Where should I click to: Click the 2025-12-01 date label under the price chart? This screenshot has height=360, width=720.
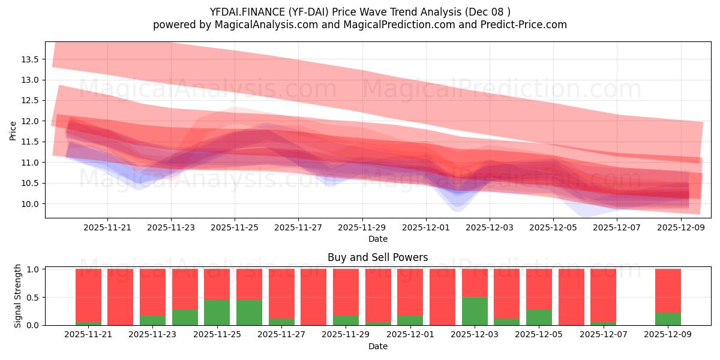click(426, 227)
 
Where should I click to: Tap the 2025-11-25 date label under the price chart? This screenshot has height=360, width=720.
click(235, 227)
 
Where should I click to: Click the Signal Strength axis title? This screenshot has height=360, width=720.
click(18, 296)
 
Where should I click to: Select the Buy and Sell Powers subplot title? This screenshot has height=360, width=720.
click(378, 257)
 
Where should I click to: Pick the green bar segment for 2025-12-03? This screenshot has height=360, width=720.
click(475, 311)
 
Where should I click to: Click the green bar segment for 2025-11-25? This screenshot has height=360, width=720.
click(217, 312)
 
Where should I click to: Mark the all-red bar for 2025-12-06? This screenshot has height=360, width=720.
click(571, 297)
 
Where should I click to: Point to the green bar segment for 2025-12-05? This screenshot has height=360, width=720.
click(539, 317)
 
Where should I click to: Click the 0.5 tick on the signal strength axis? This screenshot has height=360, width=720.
click(32, 297)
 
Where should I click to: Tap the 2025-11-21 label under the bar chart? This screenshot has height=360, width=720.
click(88, 334)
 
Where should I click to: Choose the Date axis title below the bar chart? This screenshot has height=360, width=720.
click(378, 346)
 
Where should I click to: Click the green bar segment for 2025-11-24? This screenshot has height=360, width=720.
click(185, 317)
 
